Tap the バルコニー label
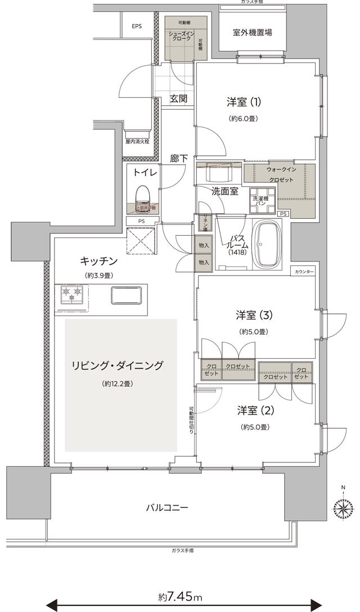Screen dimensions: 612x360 (x=167, y=507)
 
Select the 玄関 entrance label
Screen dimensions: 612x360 (x=178, y=99)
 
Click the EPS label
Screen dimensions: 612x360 (x=137, y=27)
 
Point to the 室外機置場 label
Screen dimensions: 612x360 (x=253, y=33)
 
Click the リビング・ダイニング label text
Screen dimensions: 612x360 (x=117, y=366)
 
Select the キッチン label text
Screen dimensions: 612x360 (x=98, y=260)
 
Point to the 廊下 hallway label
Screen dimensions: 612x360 (x=178, y=159)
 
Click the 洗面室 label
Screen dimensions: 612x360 (x=224, y=191)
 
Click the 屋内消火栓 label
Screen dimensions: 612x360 (x=137, y=142)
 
